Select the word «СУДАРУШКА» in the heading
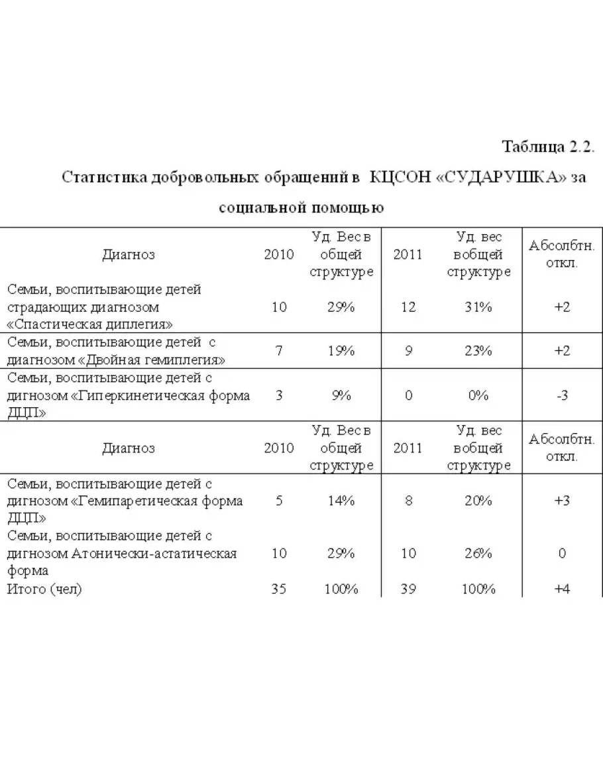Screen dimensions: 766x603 [x=502, y=177]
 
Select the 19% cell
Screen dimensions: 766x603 [x=341, y=351]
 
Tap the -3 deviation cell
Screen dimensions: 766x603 [x=562, y=395]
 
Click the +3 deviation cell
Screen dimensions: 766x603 [x=562, y=501]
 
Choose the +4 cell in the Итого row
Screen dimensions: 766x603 [x=562, y=589]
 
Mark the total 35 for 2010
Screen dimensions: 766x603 [x=279, y=589]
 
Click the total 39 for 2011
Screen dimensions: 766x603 [x=408, y=589]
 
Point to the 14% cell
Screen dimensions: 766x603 [x=341, y=501]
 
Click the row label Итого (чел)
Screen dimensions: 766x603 [x=44, y=589]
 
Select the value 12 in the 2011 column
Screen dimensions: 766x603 [x=408, y=307]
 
